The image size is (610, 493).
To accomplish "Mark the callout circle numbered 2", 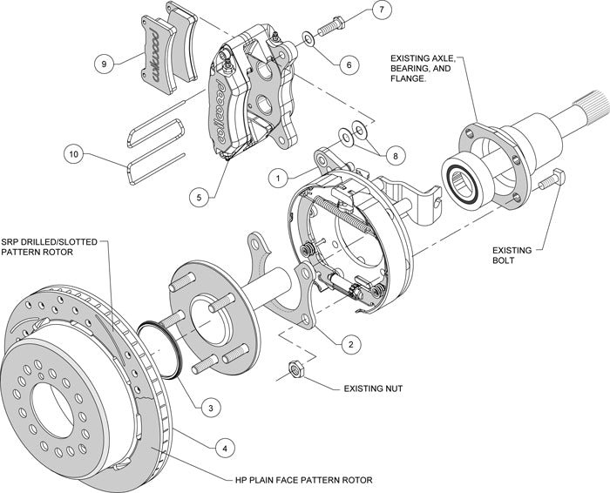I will pos(349,344).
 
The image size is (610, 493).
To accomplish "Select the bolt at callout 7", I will pos(330,26).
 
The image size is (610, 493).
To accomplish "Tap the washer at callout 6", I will pos(308,38).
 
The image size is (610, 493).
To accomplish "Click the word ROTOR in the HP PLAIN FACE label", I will pos(355,480).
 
